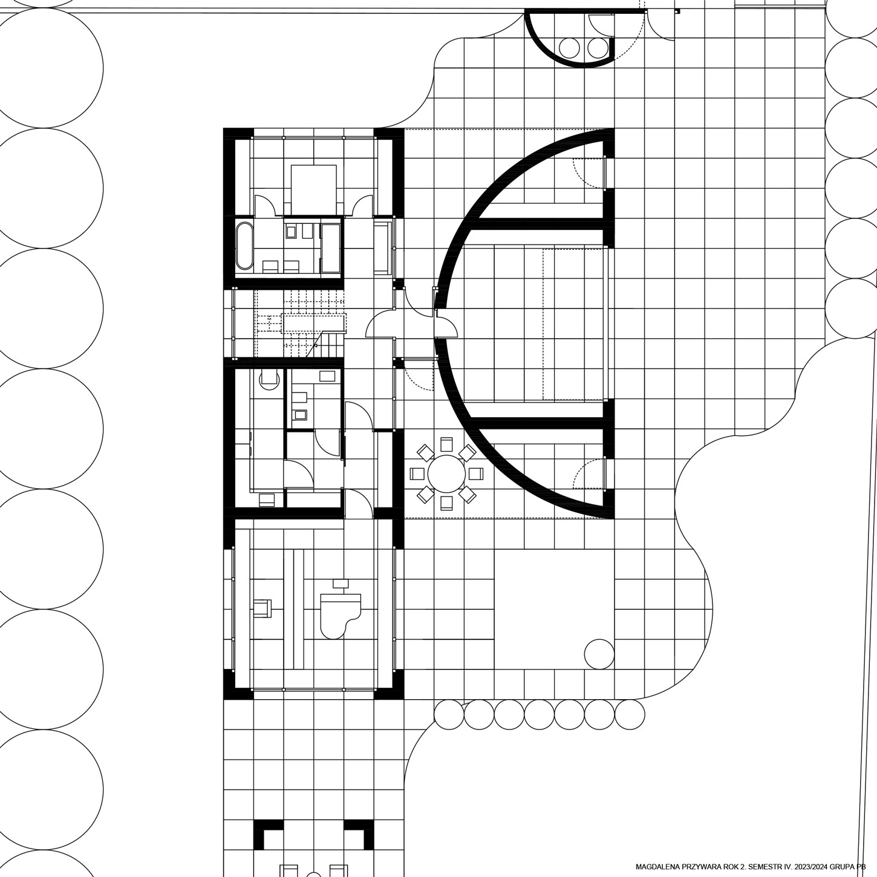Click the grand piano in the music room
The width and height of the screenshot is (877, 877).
[x=341, y=615]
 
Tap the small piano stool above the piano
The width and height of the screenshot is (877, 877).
[x=341, y=583]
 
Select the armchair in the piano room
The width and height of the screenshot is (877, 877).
[x=262, y=608]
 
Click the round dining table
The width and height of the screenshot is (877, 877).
[x=447, y=474]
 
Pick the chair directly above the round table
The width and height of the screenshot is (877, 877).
[x=447, y=444]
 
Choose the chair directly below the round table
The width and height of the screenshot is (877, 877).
[x=447, y=503]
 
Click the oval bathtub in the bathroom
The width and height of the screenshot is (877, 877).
[x=245, y=246]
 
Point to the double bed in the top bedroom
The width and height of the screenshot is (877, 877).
[x=313, y=189]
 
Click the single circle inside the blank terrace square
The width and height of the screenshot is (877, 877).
[x=599, y=654]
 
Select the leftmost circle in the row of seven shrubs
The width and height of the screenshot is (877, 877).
[x=449, y=714]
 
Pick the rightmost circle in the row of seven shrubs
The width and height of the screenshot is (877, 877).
[x=630, y=714]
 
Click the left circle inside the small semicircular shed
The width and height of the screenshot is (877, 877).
[x=569, y=47]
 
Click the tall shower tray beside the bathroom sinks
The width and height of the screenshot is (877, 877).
[x=331, y=248]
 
